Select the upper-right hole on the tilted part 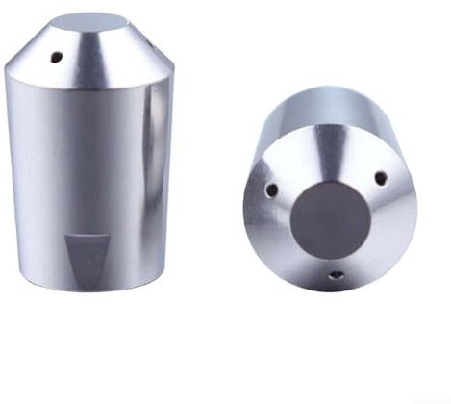tap(379, 177)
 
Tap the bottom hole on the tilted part tap(335, 277)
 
